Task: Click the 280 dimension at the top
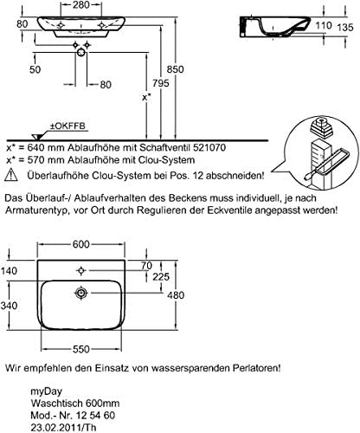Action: [x=81, y=4]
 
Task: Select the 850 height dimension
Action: [x=175, y=69]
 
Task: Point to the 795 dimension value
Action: [x=161, y=83]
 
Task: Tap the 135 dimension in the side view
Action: [x=344, y=27]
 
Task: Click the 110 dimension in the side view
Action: [x=323, y=25]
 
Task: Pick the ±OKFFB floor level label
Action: [x=68, y=126]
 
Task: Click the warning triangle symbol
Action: [x=11, y=175]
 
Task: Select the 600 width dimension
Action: [x=81, y=244]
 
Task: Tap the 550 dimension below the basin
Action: [x=81, y=349]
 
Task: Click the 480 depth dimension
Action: [x=176, y=295]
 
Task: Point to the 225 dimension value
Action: [x=161, y=277]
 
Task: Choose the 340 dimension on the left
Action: [x=9, y=306]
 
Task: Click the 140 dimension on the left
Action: [x=9, y=271]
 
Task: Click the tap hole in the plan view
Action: [x=81, y=270]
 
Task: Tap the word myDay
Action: [x=46, y=391]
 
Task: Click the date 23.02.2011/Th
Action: [x=63, y=427]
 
